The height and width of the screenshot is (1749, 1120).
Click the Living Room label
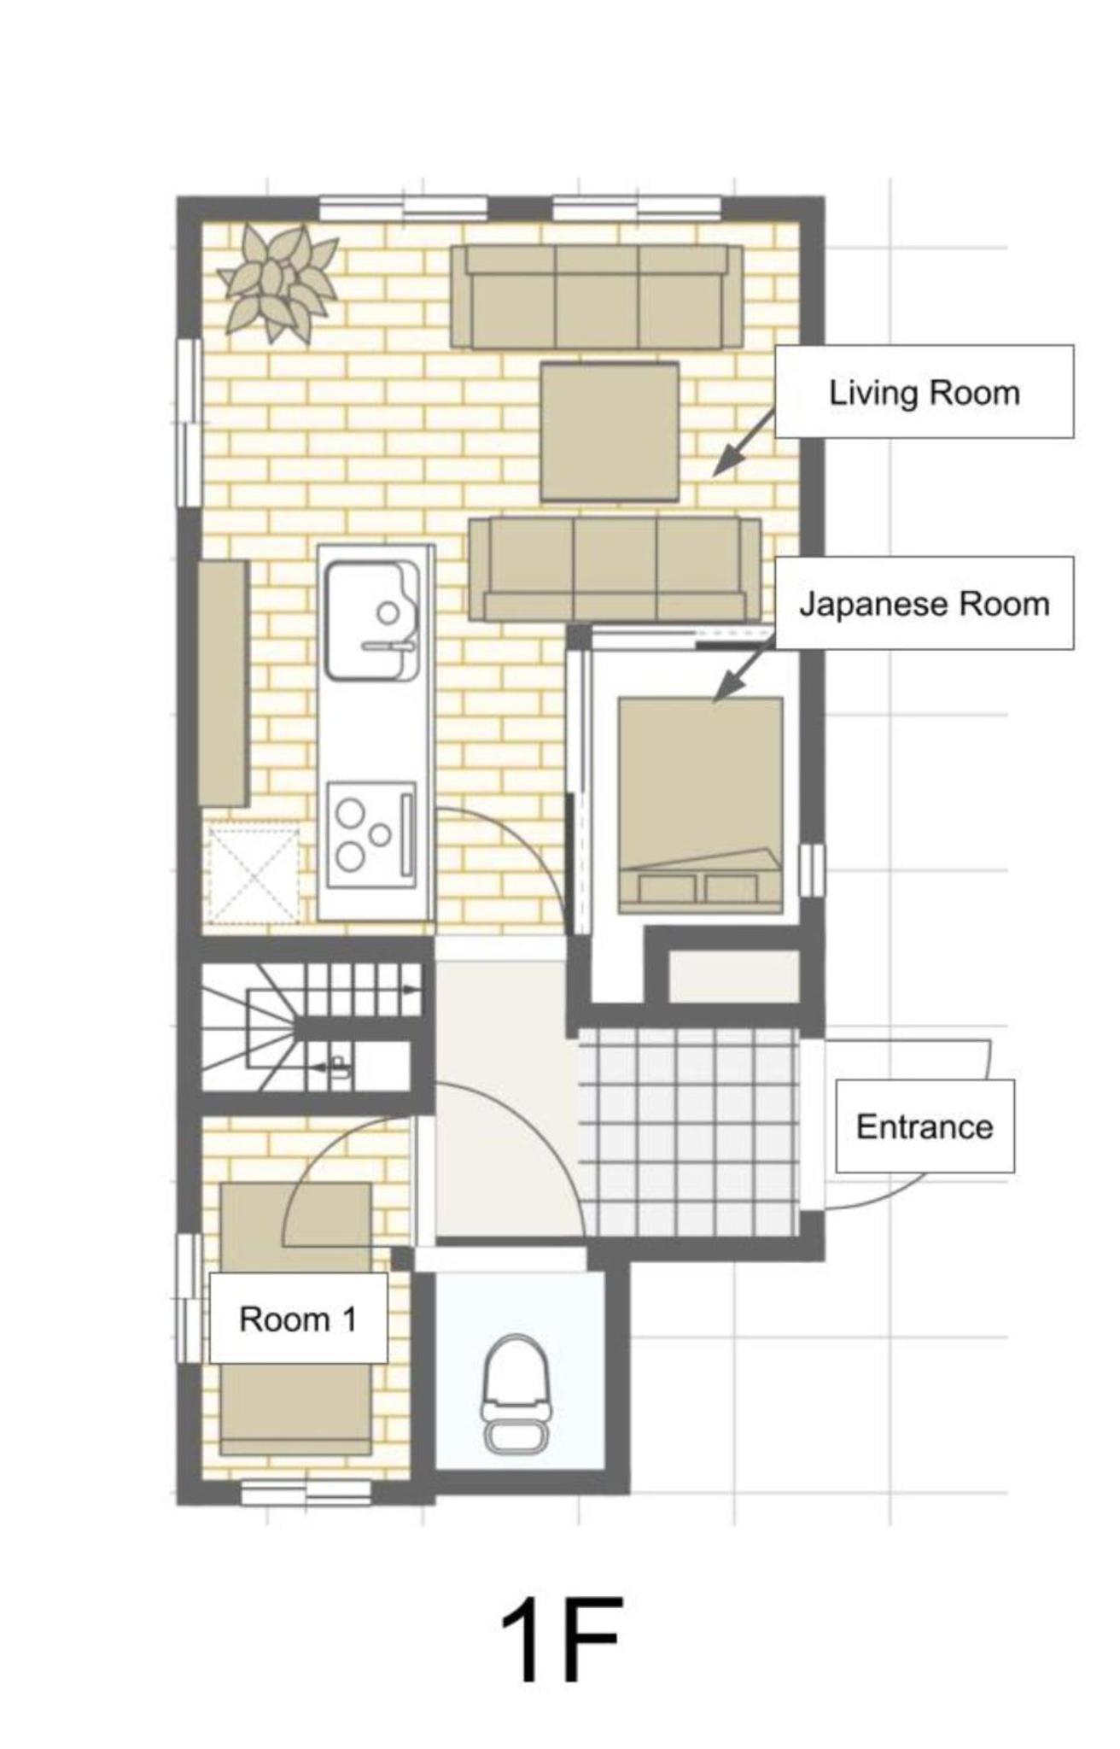point(925,393)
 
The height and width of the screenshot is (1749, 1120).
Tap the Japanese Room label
point(925,604)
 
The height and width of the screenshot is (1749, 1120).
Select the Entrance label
point(925,1126)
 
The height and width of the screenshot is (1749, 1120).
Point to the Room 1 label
point(298,1319)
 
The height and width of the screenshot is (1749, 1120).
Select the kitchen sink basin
point(372,619)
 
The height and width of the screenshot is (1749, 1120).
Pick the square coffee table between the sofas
point(610,431)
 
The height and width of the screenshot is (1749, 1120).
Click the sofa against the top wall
point(597,296)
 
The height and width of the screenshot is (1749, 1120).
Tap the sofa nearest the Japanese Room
point(615,569)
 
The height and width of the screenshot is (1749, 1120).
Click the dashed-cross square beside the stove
point(254,874)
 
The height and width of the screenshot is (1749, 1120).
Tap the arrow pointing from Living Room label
point(744,442)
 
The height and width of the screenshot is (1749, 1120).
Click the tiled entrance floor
point(689,1131)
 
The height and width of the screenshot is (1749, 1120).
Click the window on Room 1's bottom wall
point(306,1493)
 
